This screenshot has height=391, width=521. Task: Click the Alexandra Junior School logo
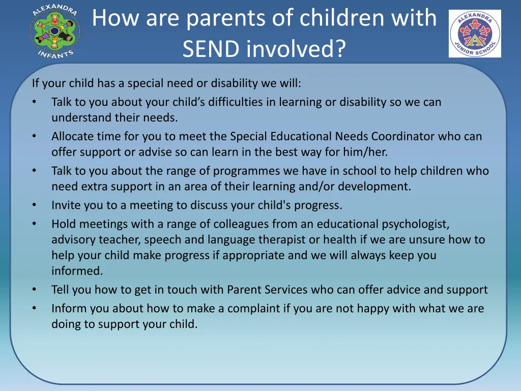(475, 34)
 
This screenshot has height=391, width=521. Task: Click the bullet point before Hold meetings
(34, 224)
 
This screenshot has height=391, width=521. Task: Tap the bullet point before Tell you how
(34, 290)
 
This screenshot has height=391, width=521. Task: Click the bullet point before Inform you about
(34, 308)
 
